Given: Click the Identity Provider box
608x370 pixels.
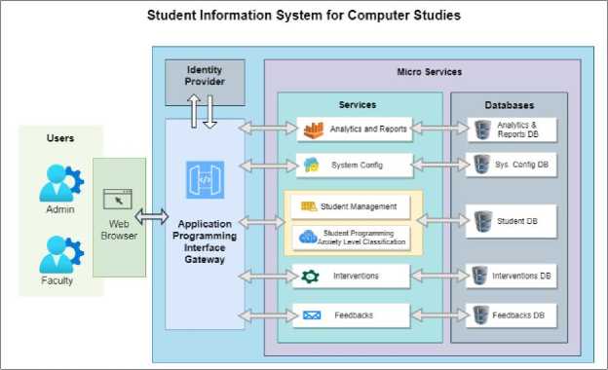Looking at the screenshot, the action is click(x=205, y=82).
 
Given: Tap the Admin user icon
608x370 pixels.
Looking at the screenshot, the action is click(x=61, y=183).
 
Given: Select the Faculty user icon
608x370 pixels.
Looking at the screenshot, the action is click(x=61, y=254).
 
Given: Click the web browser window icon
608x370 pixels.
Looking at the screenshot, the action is click(x=118, y=200).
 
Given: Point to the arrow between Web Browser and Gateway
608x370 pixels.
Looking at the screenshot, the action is click(x=152, y=216).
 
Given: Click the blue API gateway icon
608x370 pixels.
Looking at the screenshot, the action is click(x=206, y=180).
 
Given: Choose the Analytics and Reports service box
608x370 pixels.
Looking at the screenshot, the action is click(x=355, y=129).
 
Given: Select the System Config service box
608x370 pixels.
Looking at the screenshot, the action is click(x=355, y=166).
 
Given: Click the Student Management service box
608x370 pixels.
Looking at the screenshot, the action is click(x=351, y=206).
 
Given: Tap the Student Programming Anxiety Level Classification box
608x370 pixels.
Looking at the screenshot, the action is click(x=351, y=238).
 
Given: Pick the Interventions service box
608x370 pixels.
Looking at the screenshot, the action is click(x=351, y=276).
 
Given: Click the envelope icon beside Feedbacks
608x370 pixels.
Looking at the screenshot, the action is click(x=312, y=315).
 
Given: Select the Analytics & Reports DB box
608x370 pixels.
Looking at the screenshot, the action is click(x=512, y=129).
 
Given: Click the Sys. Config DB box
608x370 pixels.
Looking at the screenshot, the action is click(x=512, y=165).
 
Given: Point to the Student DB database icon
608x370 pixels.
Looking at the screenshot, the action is click(x=482, y=221).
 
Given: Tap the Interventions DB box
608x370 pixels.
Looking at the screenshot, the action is click(x=512, y=276).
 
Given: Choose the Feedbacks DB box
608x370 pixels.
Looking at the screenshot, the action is click(x=512, y=315).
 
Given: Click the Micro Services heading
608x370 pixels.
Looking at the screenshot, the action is click(x=430, y=72).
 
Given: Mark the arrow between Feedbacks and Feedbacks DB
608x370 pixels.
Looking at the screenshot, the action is click(x=439, y=315).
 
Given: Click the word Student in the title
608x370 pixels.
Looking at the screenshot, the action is click(x=171, y=16).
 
